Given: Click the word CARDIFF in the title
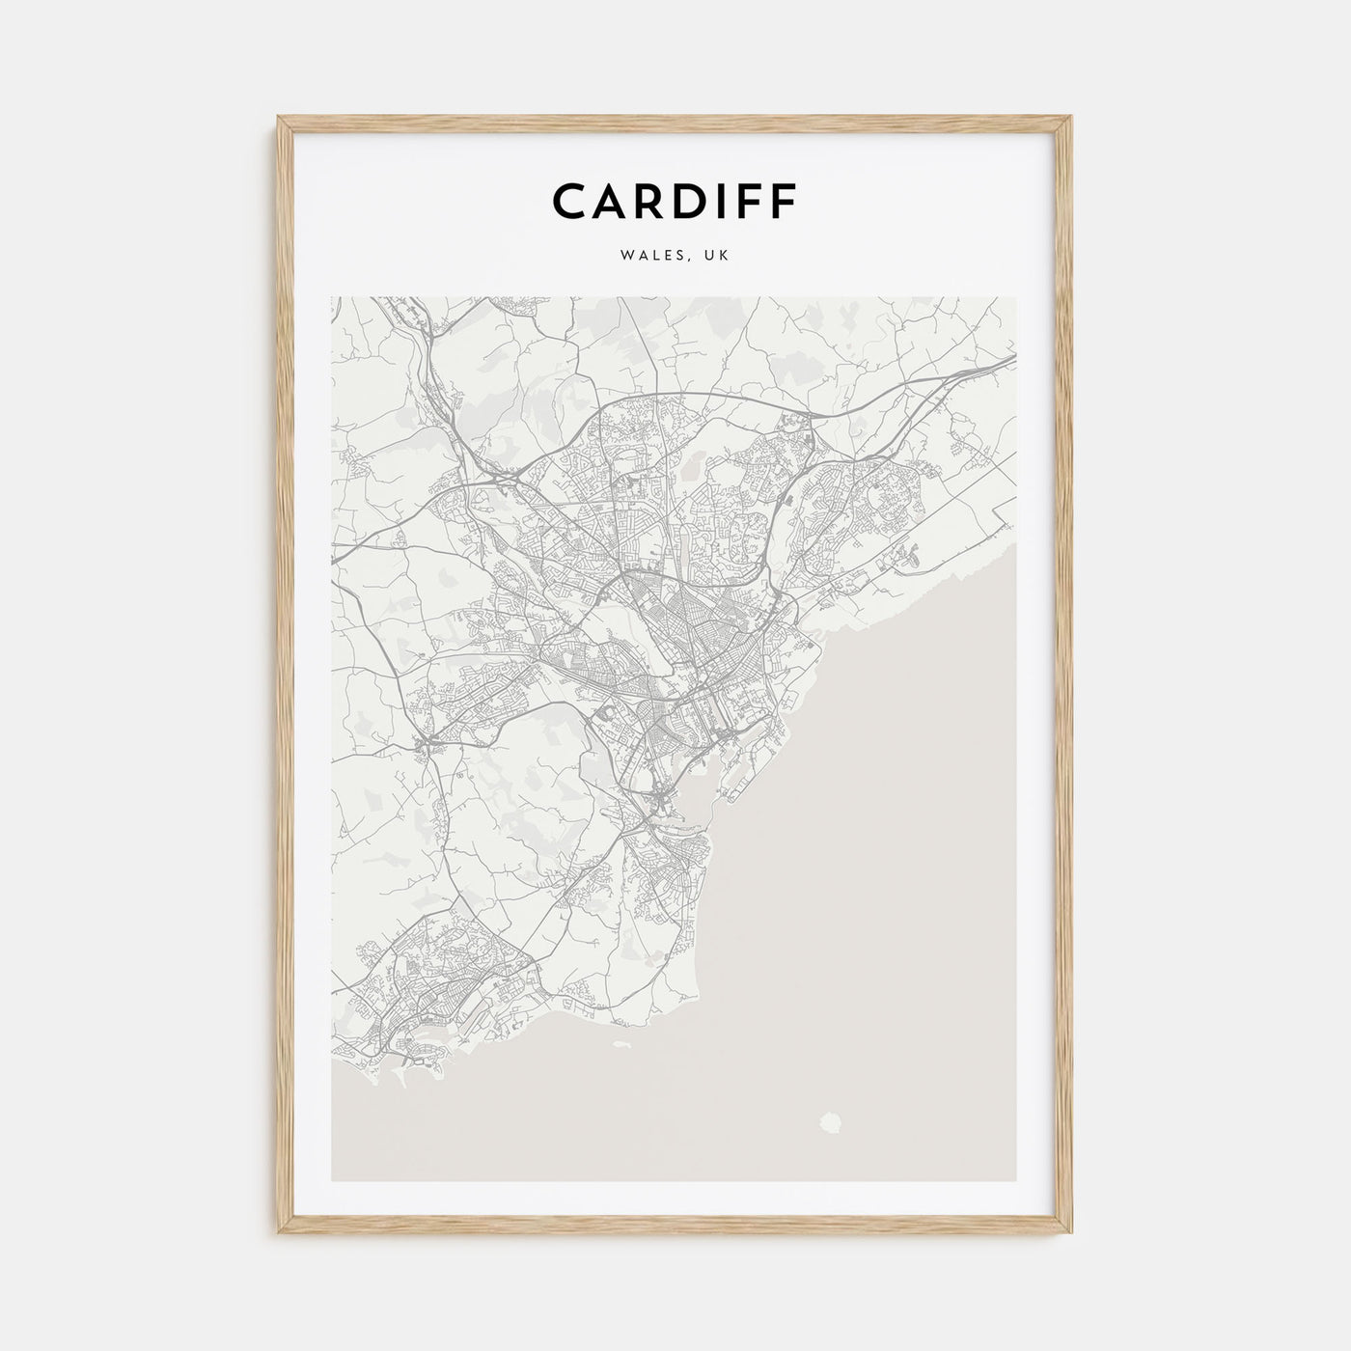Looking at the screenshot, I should [x=675, y=201].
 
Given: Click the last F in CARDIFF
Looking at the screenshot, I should [x=783, y=201].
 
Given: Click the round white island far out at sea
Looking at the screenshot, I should [x=829, y=1122].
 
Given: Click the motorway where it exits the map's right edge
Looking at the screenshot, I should [x=1011, y=358].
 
